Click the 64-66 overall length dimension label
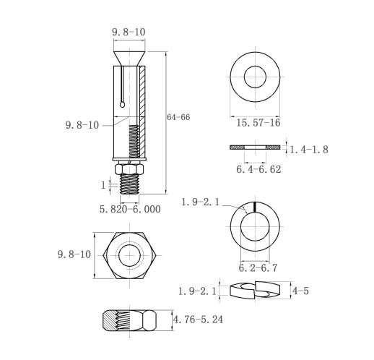pos(178,117)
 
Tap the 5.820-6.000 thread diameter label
pos(130,209)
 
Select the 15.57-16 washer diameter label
pos(258,123)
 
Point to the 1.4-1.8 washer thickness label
pos(309,150)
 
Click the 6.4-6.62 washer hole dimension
pos(258,169)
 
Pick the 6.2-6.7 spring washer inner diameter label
pos(258,267)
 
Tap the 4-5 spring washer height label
pos(300,291)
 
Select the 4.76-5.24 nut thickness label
pos(198,320)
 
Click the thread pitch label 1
pos(103,185)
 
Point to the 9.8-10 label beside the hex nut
pos(74,254)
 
